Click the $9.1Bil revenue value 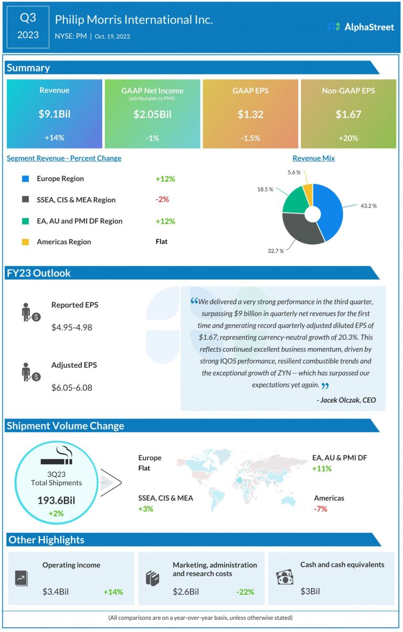tap(55, 114)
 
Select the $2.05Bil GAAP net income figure tap(152, 114)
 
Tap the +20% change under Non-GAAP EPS tap(348, 138)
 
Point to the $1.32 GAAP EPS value tap(250, 114)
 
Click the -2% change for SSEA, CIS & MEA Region tap(162, 200)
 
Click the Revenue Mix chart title tap(314, 158)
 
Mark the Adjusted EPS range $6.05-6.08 tap(72, 388)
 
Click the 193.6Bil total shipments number tap(56, 500)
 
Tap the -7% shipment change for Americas tap(321, 509)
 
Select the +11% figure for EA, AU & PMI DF tap(322, 468)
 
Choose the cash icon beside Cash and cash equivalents tap(284, 577)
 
